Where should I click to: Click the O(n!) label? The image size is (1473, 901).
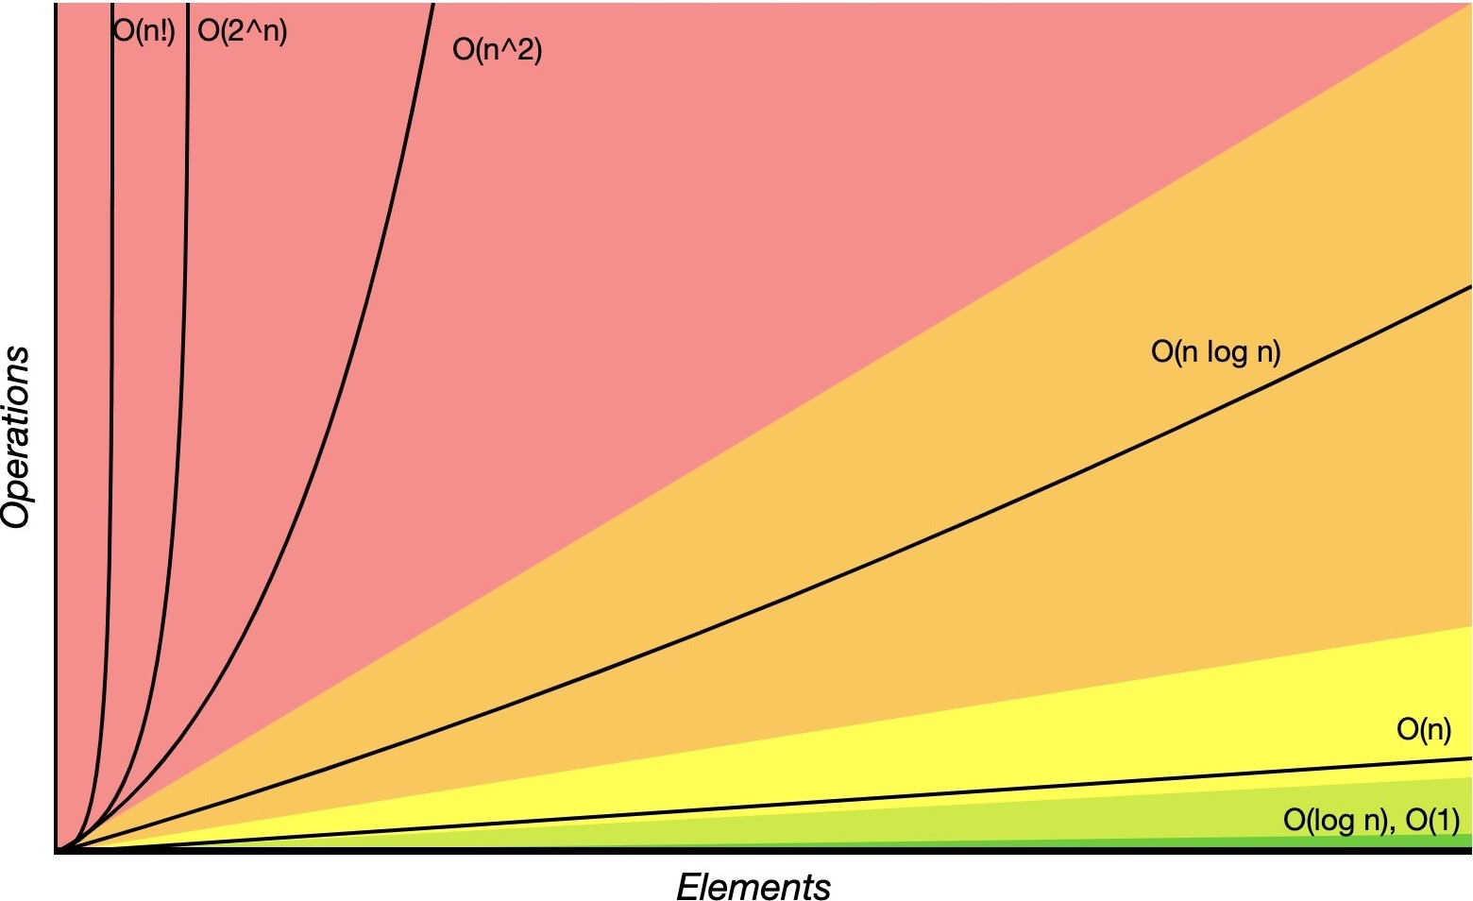[x=144, y=31]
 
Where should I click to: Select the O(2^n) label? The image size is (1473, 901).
[x=243, y=31]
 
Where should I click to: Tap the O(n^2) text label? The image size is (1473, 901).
[x=498, y=48]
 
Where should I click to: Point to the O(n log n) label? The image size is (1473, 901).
[x=1215, y=351]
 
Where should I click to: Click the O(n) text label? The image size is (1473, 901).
[x=1423, y=729]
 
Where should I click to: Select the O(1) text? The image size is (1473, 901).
[x=1432, y=820]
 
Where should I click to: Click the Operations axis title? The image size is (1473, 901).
[x=17, y=436]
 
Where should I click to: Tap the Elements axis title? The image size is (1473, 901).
[x=753, y=887]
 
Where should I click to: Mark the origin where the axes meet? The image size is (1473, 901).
[x=58, y=850]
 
